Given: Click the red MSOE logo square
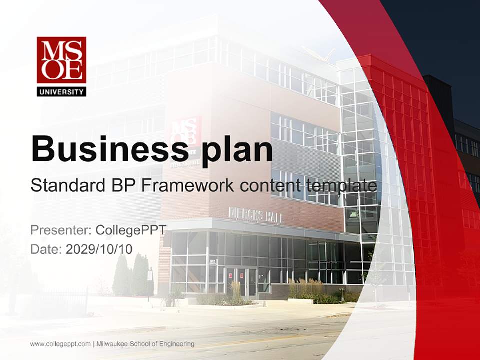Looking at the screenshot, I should pyautogui.click(x=61, y=60).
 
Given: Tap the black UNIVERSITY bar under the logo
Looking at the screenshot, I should pyautogui.click(x=61, y=91).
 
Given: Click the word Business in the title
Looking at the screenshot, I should pyautogui.click(x=106, y=149).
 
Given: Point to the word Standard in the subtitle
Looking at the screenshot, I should pyautogui.click(x=66, y=186).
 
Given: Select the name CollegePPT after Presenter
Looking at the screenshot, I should pyautogui.click(x=131, y=230).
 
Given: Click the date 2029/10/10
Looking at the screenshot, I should pyautogui.click(x=99, y=249).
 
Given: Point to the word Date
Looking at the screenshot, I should pyautogui.click(x=45, y=249).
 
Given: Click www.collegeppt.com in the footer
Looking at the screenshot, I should pyautogui.click(x=60, y=344).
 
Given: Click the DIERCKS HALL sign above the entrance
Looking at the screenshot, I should pyautogui.click(x=255, y=215).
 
